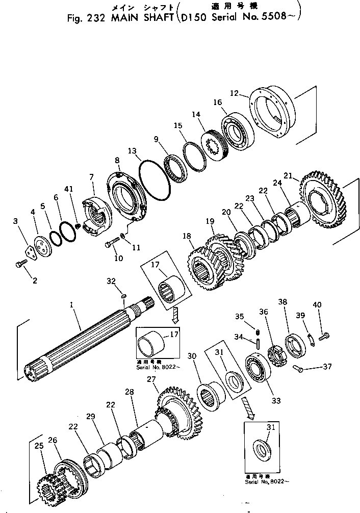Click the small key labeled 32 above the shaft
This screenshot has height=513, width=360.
(123, 296)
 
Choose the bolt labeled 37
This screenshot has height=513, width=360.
(298, 367)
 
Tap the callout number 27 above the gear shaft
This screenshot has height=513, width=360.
(151, 379)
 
